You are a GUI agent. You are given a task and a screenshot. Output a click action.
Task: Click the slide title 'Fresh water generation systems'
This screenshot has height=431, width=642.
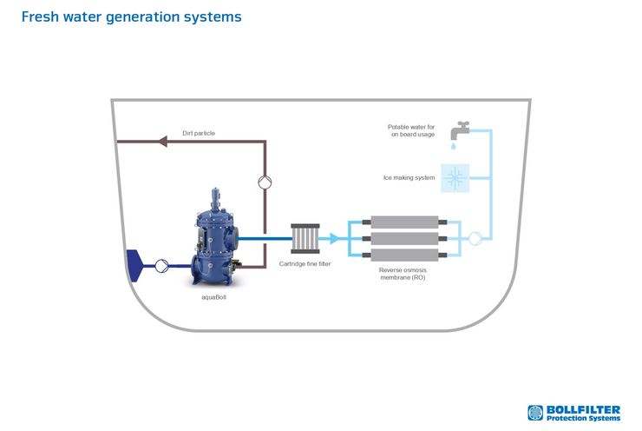131,17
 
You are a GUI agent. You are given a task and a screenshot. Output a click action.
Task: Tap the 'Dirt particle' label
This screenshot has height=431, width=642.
199,133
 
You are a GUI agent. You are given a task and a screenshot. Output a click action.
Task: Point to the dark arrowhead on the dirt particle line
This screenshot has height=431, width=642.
162,142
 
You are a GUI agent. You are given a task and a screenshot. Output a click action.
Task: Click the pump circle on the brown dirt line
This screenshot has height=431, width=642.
265,182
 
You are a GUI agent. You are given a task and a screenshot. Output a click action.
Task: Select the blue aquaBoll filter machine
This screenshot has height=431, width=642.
215,238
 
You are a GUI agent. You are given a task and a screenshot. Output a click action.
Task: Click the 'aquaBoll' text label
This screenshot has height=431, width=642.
213,297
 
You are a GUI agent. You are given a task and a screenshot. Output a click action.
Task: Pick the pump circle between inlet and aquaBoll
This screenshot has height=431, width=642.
161,266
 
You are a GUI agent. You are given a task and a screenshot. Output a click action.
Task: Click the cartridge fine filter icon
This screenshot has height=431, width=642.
305,238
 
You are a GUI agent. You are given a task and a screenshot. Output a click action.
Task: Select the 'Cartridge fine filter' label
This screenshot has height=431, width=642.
305,263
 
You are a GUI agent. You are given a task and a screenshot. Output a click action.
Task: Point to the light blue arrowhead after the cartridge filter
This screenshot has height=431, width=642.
335,238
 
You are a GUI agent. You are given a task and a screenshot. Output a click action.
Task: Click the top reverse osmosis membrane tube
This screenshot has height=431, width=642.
404,222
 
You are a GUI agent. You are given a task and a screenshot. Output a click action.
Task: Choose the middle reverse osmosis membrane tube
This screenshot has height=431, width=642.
404,238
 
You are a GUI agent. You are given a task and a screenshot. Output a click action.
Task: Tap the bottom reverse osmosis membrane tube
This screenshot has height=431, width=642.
404,255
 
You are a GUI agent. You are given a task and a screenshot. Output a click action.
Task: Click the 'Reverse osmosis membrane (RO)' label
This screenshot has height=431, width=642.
403,274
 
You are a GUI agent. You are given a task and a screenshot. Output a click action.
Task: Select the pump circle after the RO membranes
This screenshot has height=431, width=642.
475,238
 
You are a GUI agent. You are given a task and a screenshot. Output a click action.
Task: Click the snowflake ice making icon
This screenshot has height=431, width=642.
455,178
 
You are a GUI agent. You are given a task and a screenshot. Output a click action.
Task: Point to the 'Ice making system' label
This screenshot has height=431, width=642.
409,177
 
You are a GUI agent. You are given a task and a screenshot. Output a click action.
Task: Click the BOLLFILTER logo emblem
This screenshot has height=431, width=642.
535,413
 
